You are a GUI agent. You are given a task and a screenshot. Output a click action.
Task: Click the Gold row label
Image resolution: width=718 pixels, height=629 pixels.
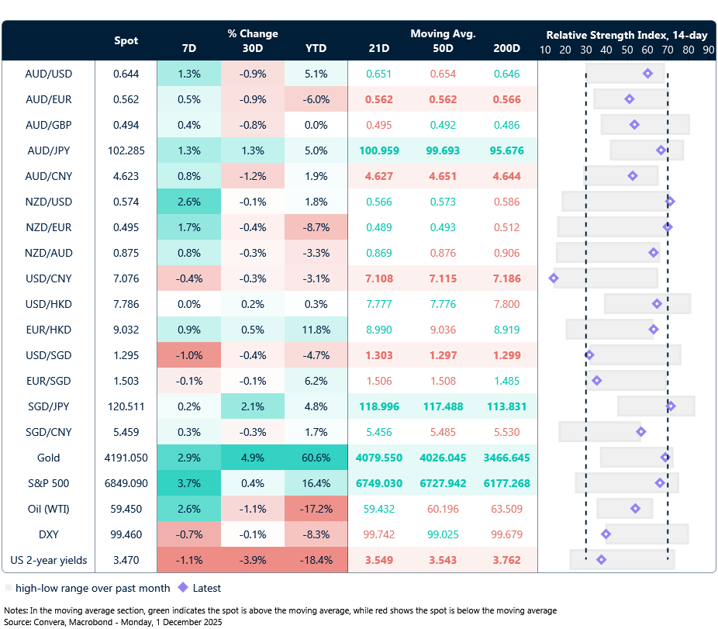[48, 458]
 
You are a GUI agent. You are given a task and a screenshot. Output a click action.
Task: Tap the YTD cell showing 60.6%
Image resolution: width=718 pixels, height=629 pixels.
[316, 458]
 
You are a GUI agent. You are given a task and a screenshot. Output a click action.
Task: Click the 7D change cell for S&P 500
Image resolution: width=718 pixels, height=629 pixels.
[188, 483]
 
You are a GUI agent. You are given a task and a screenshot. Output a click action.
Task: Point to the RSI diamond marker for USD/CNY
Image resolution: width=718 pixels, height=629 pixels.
[554, 278]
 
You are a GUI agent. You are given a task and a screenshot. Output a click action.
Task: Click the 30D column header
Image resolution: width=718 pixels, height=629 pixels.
[252, 48]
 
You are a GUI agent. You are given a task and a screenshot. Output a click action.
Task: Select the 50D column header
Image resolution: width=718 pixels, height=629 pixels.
[444, 48]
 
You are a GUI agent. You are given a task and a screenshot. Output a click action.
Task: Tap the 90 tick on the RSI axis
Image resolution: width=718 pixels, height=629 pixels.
[708, 50]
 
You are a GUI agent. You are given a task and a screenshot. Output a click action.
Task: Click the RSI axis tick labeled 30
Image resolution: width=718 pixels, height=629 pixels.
[585, 50]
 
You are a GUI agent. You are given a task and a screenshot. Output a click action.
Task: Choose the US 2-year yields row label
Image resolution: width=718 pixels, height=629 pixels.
[48, 560]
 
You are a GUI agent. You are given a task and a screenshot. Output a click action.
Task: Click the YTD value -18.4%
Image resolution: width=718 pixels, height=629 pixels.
[316, 560]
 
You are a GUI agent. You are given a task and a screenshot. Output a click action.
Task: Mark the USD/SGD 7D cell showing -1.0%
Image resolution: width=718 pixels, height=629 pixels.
[188, 355]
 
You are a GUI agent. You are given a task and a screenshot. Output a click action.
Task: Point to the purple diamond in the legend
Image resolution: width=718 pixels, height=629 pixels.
[184, 588]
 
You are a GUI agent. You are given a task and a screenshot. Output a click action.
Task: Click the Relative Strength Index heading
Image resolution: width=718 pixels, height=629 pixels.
[626, 35]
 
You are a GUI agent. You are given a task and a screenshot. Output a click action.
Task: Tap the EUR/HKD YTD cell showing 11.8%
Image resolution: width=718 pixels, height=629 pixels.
[316, 330]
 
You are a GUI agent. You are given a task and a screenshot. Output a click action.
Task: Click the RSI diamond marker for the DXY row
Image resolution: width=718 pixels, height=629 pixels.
[606, 534]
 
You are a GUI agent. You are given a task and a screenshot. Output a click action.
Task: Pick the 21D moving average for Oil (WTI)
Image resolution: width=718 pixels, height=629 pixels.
[379, 509]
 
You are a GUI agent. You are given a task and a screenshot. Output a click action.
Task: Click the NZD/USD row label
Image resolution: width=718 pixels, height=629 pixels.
[48, 202]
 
